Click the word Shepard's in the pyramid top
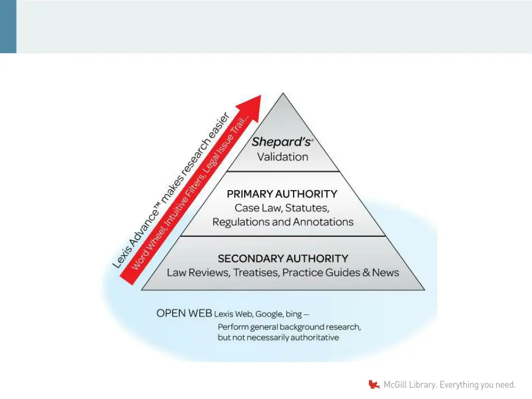click(281, 142)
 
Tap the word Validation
click(283, 156)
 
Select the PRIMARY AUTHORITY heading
click(282, 194)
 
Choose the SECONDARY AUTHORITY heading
click(283, 258)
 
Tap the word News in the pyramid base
click(385, 272)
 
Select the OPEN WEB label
click(184, 313)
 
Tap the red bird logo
click(374, 385)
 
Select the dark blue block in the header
click(8, 26)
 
